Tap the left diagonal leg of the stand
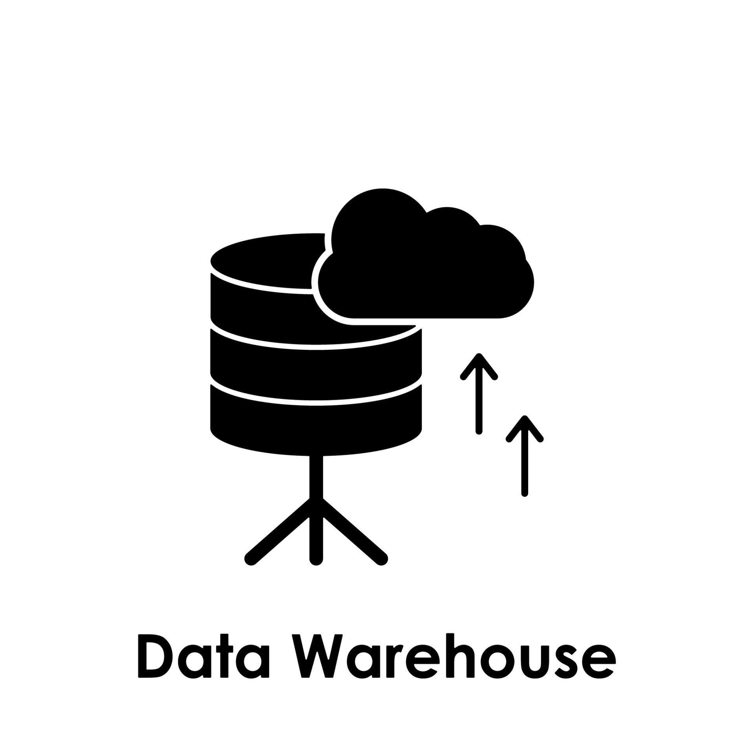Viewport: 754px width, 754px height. (x=279, y=534)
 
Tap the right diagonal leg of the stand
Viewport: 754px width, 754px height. (x=353, y=534)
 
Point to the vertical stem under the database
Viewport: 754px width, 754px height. (x=316, y=477)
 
